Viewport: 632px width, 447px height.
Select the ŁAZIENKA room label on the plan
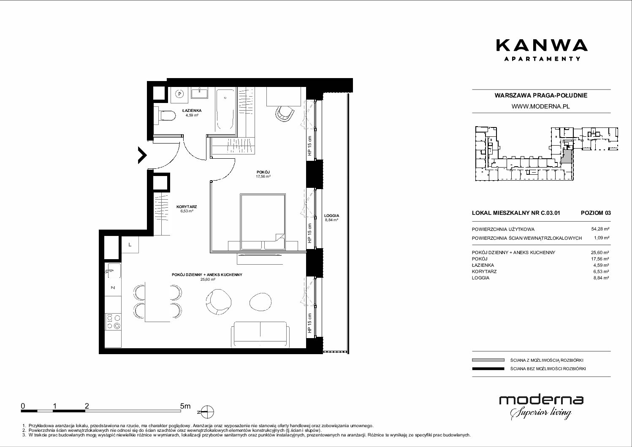point(192,111)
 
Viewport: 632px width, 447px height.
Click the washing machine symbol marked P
point(180,94)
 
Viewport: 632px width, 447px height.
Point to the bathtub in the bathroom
point(225,110)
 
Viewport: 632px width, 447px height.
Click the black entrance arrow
point(142,155)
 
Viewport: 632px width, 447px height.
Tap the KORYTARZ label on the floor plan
point(187,207)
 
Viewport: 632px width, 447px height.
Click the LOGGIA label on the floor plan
point(331,216)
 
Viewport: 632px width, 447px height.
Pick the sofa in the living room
point(260,335)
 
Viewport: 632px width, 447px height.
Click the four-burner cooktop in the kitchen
point(113,322)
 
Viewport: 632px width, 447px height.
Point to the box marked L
point(130,244)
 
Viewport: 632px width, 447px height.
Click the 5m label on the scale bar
point(185,406)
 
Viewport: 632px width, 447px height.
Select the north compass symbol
point(207,412)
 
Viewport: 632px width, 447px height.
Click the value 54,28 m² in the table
point(600,229)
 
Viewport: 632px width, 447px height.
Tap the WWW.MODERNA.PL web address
point(540,106)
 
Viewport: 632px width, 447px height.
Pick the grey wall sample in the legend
point(488,360)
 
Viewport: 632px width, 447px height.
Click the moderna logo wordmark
point(541,400)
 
